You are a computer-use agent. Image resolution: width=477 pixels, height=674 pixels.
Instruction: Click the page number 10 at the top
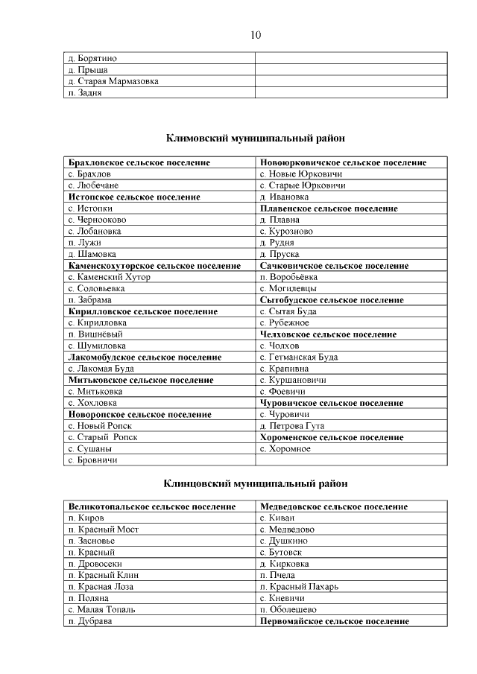click(x=255, y=34)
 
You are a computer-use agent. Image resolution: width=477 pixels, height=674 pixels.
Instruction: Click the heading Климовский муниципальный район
click(x=255, y=138)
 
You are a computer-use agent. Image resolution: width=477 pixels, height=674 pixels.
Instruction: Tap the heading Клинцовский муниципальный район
click(x=255, y=483)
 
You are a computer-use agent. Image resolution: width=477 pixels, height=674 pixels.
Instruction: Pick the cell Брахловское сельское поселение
click(x=139, y=162)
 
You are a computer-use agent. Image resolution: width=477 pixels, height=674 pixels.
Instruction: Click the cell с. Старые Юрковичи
click(x=302, y=185)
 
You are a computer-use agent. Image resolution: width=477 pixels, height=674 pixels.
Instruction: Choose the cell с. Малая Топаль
click(x=101, y=609)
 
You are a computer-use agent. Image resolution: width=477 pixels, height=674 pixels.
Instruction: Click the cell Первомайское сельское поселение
click(x=334, y=621)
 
